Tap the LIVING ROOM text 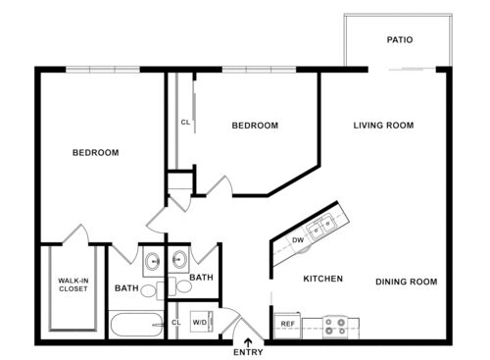(383, 126)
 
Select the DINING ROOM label (406, 282)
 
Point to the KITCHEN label (322, 279)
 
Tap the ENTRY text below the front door (248, 352)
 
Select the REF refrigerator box (288, 323)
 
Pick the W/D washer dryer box (199, 322)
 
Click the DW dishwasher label (298, 239)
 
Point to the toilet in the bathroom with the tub (150, 290)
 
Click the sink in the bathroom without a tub (178, 262)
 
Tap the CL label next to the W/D (176, 322)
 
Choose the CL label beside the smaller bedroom (184, 123)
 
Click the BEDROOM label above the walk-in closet (96, 153)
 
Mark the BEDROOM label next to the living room (255, 126)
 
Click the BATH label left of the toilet (126, 288)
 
